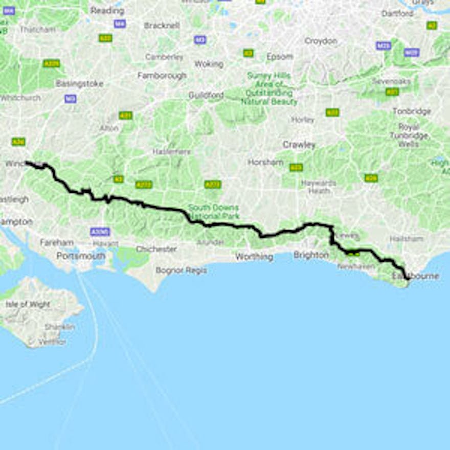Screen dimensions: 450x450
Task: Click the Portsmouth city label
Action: coord(81,256)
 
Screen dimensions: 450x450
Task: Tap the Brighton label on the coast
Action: coord(311,255)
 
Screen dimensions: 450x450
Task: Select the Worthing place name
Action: coord(254,257)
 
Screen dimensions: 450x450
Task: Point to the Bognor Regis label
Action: coord(182,270)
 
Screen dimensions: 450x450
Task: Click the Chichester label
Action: coord(156,249)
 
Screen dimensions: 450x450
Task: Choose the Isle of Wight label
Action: coord(28,304)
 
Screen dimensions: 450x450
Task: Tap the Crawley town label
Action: coord(299,145)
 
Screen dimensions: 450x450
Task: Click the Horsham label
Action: coord(265,162)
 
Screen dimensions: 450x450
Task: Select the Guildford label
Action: coord(206,95)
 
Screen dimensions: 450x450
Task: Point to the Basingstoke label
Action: coord(79,83)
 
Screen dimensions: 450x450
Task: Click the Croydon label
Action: coord(321,41)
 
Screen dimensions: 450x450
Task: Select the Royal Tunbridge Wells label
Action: coord(409,136)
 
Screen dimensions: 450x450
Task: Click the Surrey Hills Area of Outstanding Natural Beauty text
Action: coord(269,88)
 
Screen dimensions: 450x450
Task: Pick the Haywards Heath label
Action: coord(319,187)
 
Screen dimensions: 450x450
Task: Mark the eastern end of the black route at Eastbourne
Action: coord(408,279)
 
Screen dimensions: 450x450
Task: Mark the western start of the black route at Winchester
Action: coord(27,163)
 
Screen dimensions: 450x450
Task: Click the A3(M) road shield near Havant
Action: coord(100,232)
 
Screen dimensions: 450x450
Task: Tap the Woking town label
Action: coord(209,64)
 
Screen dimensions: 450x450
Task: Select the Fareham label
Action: coord(57,242)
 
